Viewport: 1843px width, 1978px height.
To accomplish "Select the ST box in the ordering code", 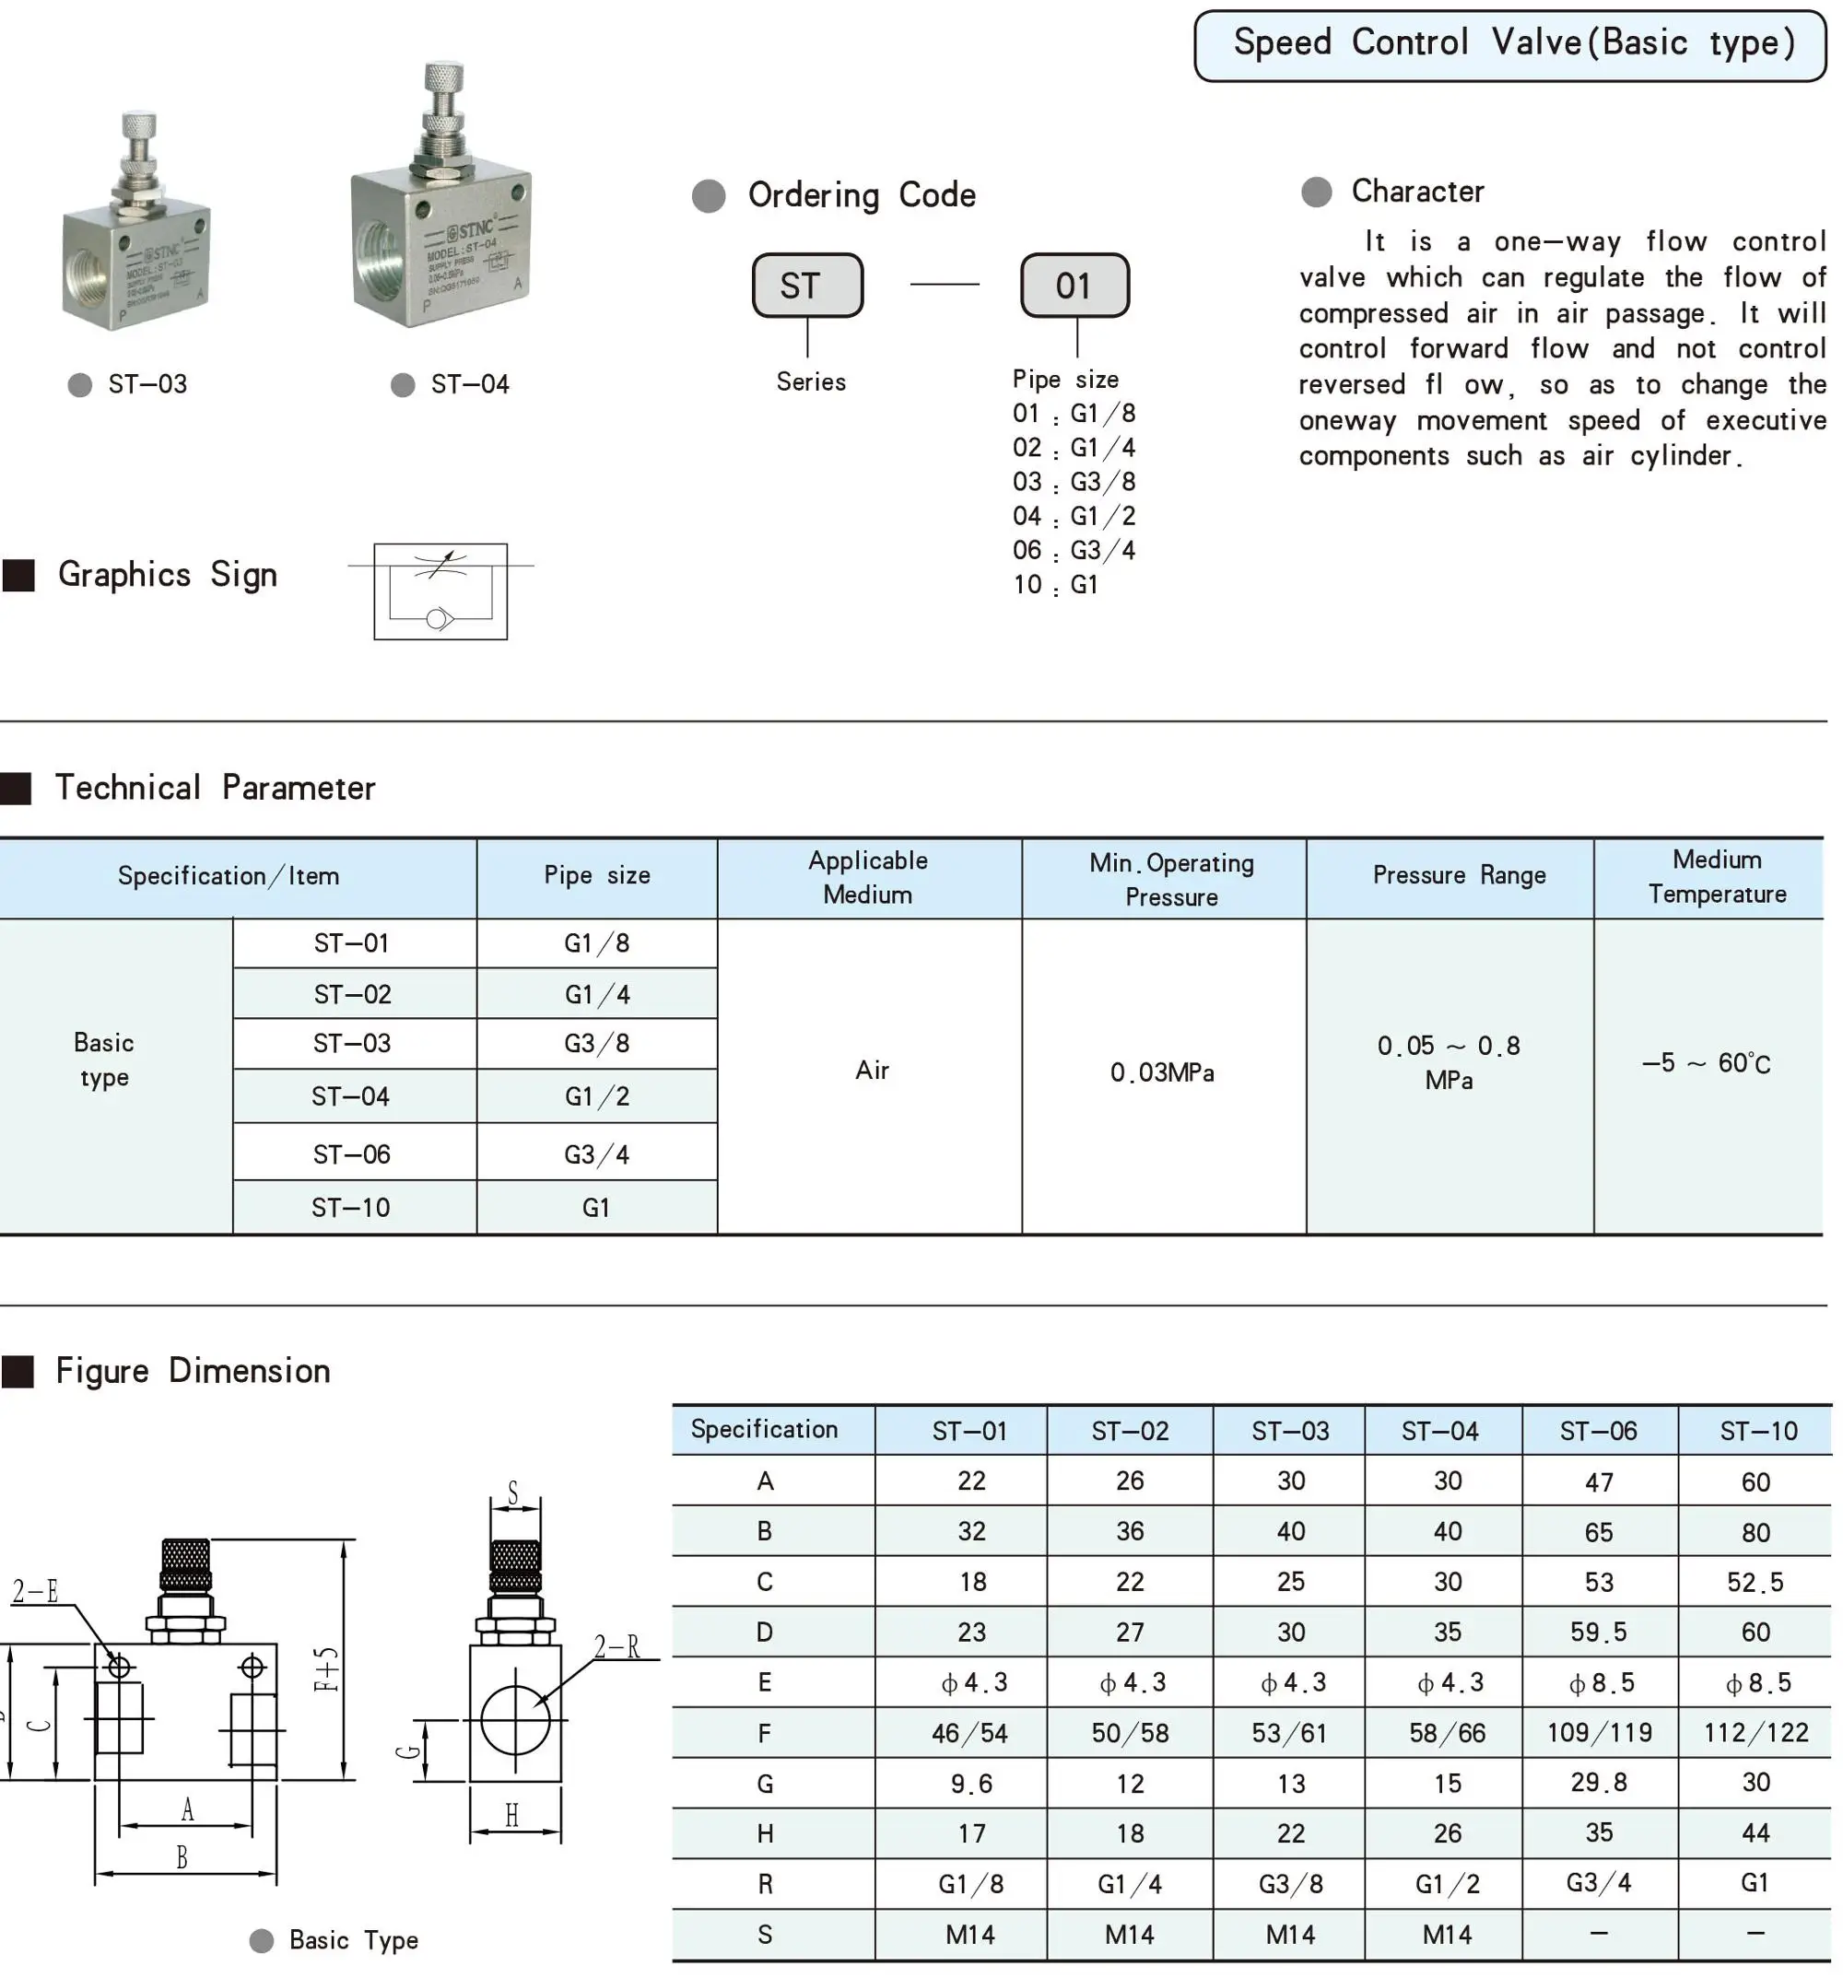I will coord(806,286).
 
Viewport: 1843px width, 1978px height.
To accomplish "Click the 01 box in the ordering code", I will coord(1074,286).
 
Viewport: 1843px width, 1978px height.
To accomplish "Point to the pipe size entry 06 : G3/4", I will coord(1073,550).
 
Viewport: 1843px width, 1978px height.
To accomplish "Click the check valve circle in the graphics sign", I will coord(436,620).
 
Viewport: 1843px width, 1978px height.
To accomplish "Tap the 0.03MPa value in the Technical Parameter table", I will coord(1161,1072).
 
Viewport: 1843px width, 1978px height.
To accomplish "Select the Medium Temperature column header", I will coord(1716,876).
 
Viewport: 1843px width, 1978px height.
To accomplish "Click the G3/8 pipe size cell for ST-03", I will coord(596,1044).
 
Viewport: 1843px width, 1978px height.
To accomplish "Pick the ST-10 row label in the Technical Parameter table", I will coord(350,1208).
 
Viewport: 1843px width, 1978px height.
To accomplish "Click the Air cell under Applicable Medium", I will coord(871,1071).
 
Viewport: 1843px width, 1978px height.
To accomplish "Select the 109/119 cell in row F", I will coord(1598,1733).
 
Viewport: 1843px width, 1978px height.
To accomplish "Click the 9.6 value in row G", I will coord(970,1784).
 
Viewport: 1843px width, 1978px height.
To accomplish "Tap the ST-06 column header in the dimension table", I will coord(1598,1432).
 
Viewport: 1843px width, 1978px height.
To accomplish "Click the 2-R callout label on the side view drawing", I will coord(617,1647).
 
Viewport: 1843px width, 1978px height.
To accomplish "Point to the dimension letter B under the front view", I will coord(182,1857).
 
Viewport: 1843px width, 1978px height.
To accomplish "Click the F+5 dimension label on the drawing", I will coord(326,1669).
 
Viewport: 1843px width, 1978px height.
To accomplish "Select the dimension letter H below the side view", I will coord(511,1816).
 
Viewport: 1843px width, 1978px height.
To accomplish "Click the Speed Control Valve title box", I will coord(1509,45).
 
